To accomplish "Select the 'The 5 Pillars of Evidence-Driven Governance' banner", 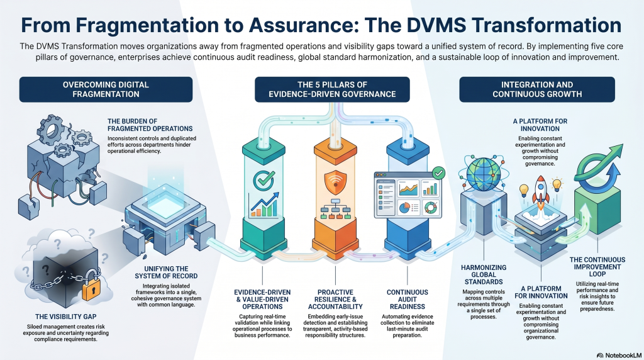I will (332, 89).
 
